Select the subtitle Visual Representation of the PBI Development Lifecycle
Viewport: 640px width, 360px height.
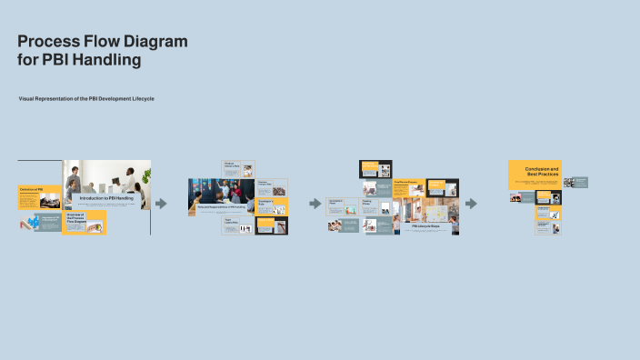[86, 98]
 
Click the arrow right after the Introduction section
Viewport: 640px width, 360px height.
[161, 204]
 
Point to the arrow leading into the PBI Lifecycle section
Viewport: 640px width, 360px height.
[315, 204]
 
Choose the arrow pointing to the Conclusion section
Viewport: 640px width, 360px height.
[471, 204]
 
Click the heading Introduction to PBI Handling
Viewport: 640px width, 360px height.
[106, 197]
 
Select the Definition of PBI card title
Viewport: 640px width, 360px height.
[32, 189]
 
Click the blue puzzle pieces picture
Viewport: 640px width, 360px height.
[34, 223]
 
